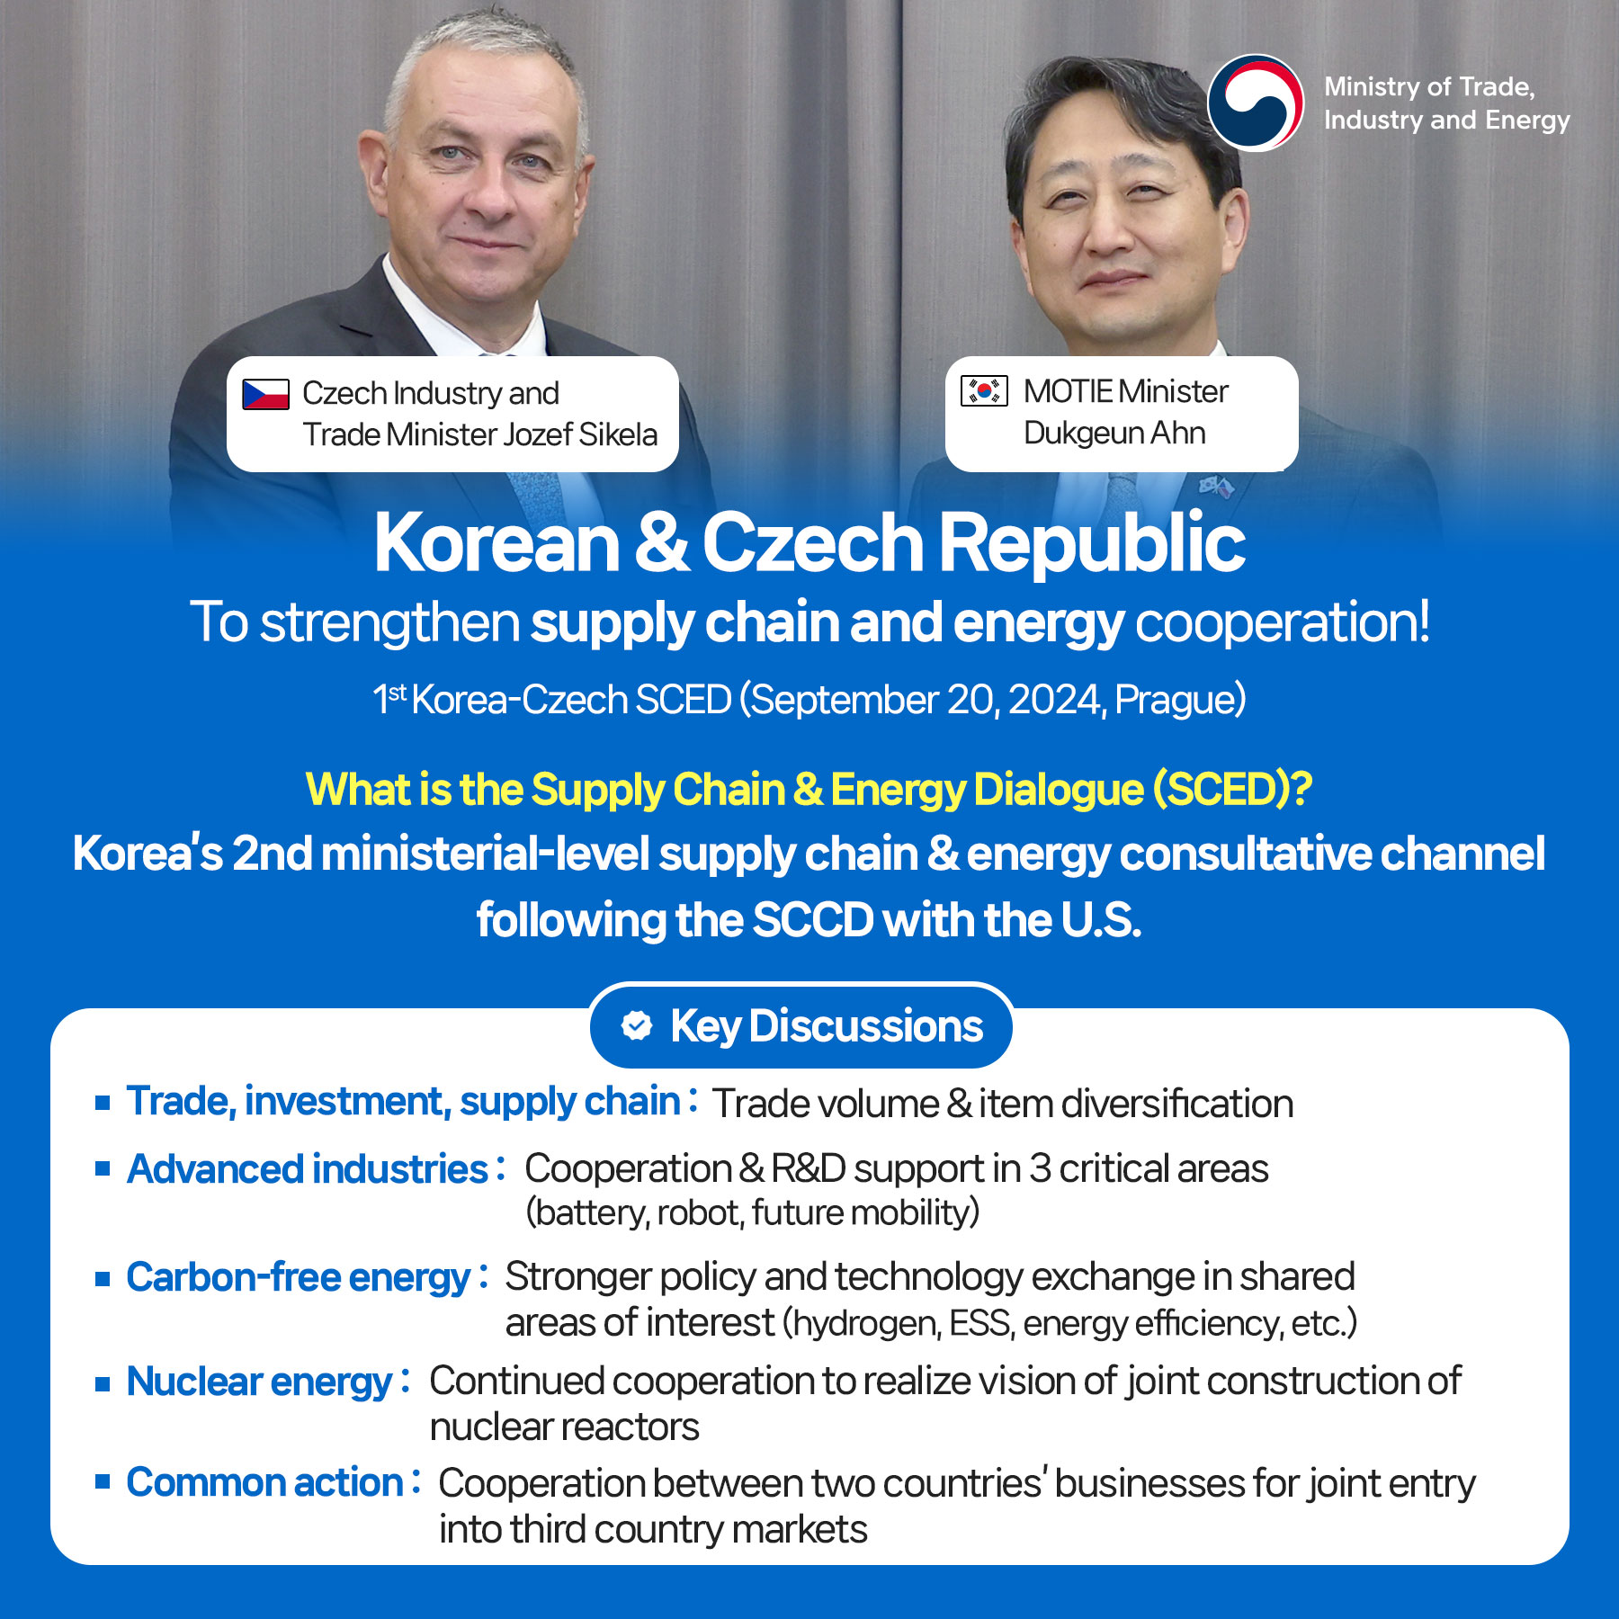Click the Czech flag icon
[x=265, y=394]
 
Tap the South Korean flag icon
[x=984, y=391]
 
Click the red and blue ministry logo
[x=1256, y=103]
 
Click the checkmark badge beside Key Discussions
[x=637, y=1025]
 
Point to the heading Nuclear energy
[x=259, y=1382]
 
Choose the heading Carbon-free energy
[x=298, y=1278]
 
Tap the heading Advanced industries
[x=307, y=1169]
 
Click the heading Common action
[x=264, y=1482]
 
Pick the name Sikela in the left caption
[x=618, y=434]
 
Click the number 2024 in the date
[x=1056, y=700]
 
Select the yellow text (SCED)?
[x=1233, y=790]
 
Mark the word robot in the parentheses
[x=699, y=1212]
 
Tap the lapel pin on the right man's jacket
[x=1215, y=487]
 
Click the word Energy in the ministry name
[x=1527, y=121]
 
